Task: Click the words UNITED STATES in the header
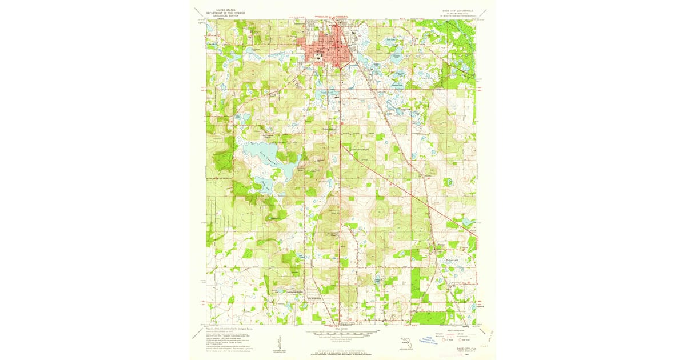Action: click(222, 9)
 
